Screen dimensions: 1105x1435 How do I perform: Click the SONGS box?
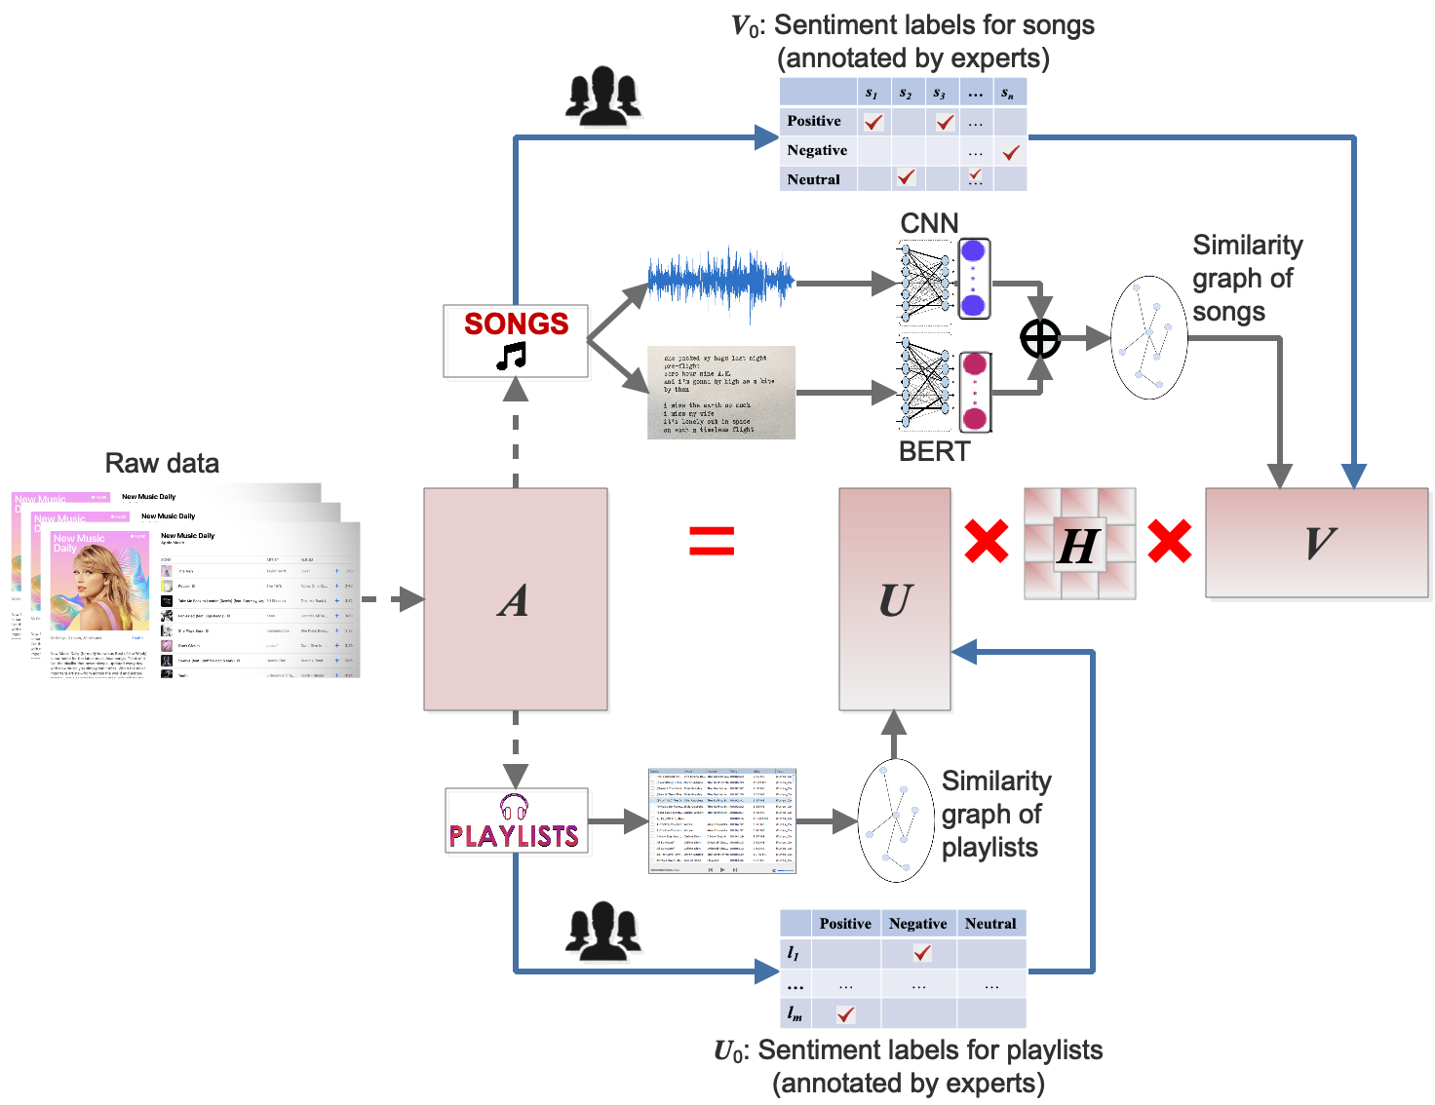516,340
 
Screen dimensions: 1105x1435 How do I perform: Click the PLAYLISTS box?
516,821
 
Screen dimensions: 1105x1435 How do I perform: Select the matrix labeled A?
516,598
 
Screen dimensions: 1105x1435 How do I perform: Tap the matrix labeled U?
895,598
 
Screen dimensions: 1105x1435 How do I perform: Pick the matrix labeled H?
1079,543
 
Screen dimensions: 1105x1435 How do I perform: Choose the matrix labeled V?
1317,542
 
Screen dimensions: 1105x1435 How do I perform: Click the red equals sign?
712,540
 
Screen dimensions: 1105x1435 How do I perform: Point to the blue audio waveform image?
721,282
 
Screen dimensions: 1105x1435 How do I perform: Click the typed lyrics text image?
721,392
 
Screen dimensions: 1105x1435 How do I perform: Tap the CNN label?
929,223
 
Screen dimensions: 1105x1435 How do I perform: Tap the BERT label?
934,451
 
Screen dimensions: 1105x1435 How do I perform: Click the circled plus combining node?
1040,338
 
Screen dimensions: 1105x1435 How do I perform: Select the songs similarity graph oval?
1148,337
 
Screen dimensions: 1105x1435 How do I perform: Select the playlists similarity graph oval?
896,819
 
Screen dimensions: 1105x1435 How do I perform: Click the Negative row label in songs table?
817,150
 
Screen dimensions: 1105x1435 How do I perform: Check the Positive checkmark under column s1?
873,122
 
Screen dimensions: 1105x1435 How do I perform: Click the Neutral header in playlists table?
990,923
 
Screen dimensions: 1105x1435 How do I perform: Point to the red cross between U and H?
987,541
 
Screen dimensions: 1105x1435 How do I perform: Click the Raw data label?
162,463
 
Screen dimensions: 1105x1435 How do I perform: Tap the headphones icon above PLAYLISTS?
514,807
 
